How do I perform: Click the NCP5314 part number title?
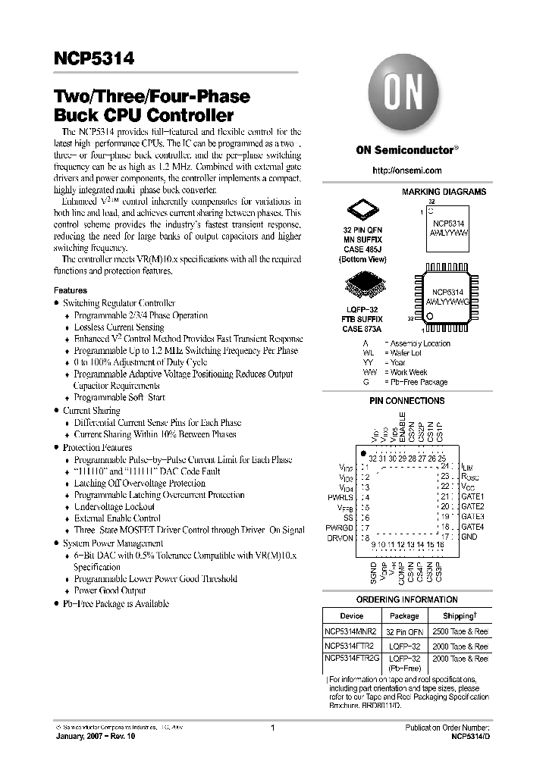[94, 59]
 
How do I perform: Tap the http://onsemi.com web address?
[407, 171]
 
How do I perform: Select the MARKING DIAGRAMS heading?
[444, 193]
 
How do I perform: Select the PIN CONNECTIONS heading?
[406, 400]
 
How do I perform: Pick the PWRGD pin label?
[339, 527]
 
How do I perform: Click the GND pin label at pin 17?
[469, 537]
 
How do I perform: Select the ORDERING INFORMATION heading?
[406, 600]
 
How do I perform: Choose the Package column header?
[404, 616]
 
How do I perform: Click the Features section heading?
[70, 290]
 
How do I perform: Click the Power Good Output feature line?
[110, 590]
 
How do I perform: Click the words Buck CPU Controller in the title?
[143, 116]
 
